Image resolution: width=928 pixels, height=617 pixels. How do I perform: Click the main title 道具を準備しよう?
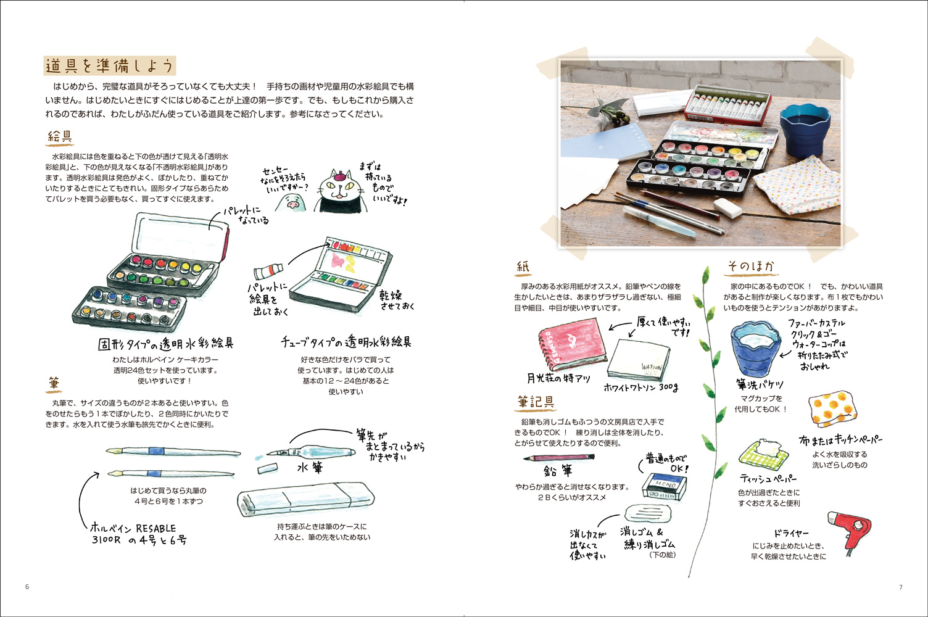pyautogui.click(x=109, y=66)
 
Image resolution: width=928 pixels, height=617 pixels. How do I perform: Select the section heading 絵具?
pyautogui.click(x=60, y=136)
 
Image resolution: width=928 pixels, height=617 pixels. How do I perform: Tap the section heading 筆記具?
pyautogui.click(x=536, y=402)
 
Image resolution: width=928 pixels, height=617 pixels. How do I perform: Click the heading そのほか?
pyautogui.click(x=751, y=267)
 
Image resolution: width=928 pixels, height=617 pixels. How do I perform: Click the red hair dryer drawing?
pyautogui.click(x=849, y=531)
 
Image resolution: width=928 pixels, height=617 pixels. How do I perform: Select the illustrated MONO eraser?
pyautogui.click(x=664, y=486)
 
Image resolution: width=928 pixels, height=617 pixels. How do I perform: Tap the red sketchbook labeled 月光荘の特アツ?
pyautogui.click(x=572, y=344)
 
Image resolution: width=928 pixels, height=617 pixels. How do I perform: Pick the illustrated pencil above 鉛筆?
pyautogui.click(x=559, y=458)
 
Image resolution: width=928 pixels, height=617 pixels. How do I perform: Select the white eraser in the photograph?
pyautogui.click(x=727, y=207)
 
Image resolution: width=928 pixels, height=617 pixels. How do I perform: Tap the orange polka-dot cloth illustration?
pyautogui.click(x=832, y=408)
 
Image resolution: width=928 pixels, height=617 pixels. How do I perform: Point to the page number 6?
pyautogui.click(x=27, y=587)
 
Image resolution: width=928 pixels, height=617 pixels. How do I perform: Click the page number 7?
pyautogui.click(x=901, y=587)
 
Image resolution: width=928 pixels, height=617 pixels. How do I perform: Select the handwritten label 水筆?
pyautogui.click(x=310, y=468)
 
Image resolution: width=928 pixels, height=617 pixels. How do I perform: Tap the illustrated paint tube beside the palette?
pyautogui.click(x=268, y=271)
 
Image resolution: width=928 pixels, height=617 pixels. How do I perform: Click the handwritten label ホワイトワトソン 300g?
pyautogui.click(x=640, y=387)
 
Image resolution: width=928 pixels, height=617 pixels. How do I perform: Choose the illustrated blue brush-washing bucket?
pyautogui.click(x=756, y=348)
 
